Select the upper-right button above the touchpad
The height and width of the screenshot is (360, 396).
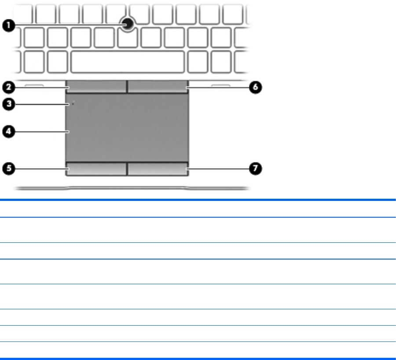pyautogui.click(x=158, y=87)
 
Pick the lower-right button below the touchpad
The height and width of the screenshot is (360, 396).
pyautogui.click(x=158, y=168)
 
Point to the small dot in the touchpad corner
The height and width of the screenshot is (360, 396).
pyautogui.click(x=73, y=104)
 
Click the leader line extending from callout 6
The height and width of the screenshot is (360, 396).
pyautogui.click(x=218, y=87)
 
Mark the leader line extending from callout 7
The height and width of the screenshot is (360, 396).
pyautogui.click(x=218, y=168)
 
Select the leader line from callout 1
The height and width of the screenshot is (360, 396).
pyautogui.click(x=66, y=26)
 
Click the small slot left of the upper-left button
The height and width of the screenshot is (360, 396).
pyautogui.click(x=33, y=85)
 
